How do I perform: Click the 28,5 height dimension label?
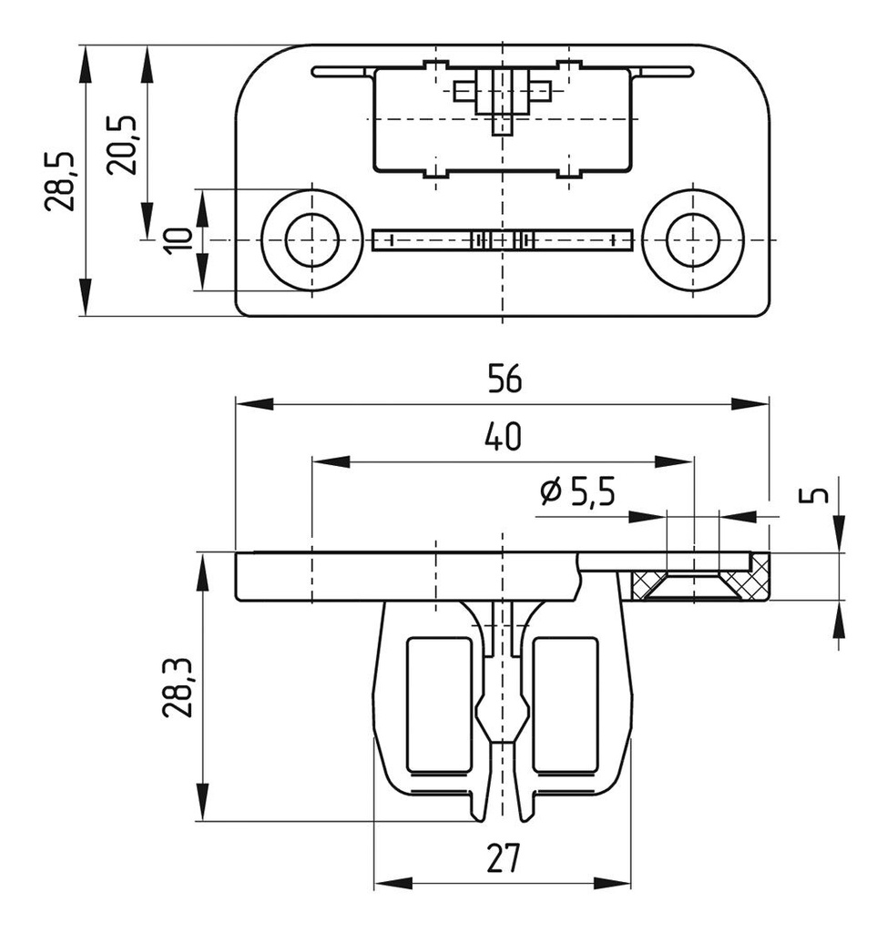coord(60,180)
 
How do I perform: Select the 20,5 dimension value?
coord(122,144)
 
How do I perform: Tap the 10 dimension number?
coord(179,239)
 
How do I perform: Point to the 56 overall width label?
coord(504,380)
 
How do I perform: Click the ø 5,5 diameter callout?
coord(577,493)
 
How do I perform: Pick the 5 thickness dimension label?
coord(819,495)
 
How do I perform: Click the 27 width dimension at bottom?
coord(502,859)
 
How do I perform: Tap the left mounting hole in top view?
coord(311,239)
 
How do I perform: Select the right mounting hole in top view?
coord(692,239)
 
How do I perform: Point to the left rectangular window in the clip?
coord(438,703)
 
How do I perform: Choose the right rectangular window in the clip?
coord(565,703)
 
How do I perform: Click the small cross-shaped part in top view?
coord(502,94)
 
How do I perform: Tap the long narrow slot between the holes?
coord(502,239)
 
